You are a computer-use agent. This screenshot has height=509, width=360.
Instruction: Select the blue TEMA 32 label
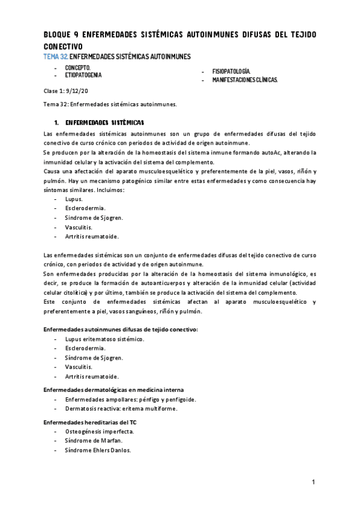(x=56, y=56)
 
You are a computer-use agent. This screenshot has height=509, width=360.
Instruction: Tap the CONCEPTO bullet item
(x=78, y=68)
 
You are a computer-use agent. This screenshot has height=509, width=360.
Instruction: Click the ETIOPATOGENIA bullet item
(x=83, y=76)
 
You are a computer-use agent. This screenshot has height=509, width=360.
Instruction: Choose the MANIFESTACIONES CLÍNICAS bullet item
(x=245, y=79)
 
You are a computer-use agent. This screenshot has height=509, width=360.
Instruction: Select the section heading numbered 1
(x=95, y=121)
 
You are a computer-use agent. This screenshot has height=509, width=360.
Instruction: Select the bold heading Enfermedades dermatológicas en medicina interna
(x=118, y=390)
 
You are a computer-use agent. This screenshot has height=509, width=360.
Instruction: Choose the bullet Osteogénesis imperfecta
(x=100, y=432)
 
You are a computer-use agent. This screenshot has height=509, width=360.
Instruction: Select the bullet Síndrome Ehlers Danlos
(x=98, y=450)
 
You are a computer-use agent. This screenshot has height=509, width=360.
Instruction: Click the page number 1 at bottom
(x=314, y=483)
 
